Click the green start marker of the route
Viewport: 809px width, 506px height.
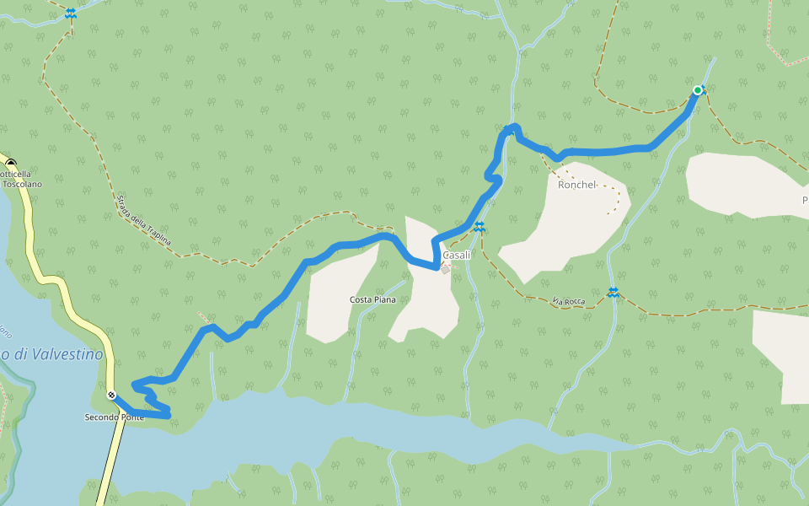pos(698,90)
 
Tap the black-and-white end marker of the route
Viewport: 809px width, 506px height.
pos(111,395)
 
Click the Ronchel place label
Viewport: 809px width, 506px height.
pos(577,185)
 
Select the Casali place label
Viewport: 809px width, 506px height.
pos(456,255)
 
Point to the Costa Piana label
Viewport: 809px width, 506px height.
pos(372,299)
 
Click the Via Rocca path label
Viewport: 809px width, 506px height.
pos(569,301)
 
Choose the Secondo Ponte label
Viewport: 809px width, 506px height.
pos(115,417)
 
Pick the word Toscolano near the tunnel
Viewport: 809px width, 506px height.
pos(23,184)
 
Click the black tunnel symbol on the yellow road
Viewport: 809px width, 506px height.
pos(11,162)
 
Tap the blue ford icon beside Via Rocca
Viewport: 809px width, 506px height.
pos(613,293)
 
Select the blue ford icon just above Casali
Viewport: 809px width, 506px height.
pos(479,226)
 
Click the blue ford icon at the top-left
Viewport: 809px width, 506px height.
pos(70,13)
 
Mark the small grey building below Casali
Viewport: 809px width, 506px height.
pos(445,270)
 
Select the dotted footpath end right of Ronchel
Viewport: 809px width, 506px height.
pos(618,211)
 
